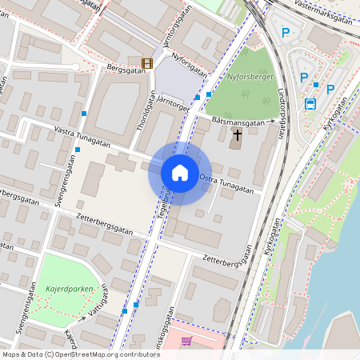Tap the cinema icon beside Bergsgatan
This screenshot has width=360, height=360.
[x=146, y=63]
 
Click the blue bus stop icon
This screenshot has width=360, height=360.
[x=310, y=103]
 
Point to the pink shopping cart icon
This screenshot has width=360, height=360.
[x=186, y=341]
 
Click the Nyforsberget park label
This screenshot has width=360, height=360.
[x=250, y=78]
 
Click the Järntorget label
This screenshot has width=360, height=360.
[x=174, y=102]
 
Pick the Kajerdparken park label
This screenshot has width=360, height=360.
[x=68, y=289]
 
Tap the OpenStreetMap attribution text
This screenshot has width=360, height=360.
[x=81, y=354]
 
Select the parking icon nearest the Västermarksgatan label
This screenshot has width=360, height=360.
[x=286, y=33]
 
